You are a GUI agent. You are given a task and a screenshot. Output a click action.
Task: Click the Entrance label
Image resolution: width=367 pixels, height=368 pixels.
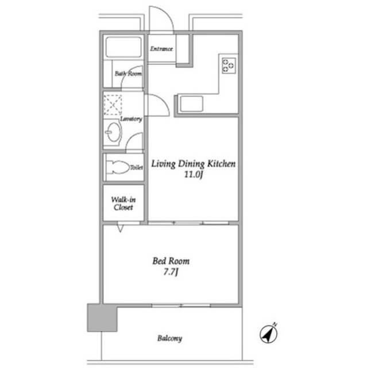(x=161, y=49)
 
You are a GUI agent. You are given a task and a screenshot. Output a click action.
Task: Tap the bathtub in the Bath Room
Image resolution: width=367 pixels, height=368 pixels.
(x=123, y=47)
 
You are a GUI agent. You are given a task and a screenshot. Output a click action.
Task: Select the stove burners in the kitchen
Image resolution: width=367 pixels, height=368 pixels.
(x=229, y=66)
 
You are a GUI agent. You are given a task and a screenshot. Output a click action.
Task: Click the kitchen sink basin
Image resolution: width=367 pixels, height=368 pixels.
(x=191, y=103)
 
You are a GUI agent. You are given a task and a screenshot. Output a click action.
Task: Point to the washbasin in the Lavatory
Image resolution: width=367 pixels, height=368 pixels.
(x=113, y=132)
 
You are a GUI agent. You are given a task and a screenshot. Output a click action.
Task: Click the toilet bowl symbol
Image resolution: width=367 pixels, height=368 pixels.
(x=118, y=167)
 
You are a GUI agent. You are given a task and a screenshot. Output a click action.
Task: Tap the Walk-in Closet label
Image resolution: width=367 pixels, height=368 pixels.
(x=123, y=204)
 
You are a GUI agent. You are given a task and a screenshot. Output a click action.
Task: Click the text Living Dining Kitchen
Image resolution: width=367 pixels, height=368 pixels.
(x=194, y=164)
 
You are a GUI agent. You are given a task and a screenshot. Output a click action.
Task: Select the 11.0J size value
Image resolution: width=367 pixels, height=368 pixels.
(x=194, y=175)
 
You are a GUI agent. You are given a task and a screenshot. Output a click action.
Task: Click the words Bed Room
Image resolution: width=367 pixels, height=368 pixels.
(x=171, y=261)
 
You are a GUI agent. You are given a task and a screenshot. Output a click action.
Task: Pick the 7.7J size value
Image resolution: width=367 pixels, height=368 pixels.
(x=171, y=272)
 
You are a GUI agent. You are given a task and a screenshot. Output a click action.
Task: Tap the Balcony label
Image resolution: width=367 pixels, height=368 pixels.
(x=169, y=339)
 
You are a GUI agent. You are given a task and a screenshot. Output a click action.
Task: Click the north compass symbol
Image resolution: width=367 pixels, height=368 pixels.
(x=269, y=333)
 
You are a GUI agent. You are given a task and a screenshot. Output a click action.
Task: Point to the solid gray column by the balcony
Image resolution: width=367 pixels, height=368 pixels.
(x=102, y=317)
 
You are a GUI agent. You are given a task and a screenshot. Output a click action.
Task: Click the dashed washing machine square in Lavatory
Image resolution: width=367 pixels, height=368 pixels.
(x=113, y=105)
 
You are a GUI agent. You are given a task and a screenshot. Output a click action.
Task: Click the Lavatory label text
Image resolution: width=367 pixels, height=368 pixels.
(x=132, y=119)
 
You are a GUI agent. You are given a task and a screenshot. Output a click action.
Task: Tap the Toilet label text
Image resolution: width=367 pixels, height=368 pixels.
(x=137, y=167)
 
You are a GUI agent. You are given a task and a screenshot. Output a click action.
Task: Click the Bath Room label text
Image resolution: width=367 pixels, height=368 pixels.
(x=128, y=74)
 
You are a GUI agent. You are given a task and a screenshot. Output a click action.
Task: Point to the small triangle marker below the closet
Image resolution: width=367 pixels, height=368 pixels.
(x=120, y=228)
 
